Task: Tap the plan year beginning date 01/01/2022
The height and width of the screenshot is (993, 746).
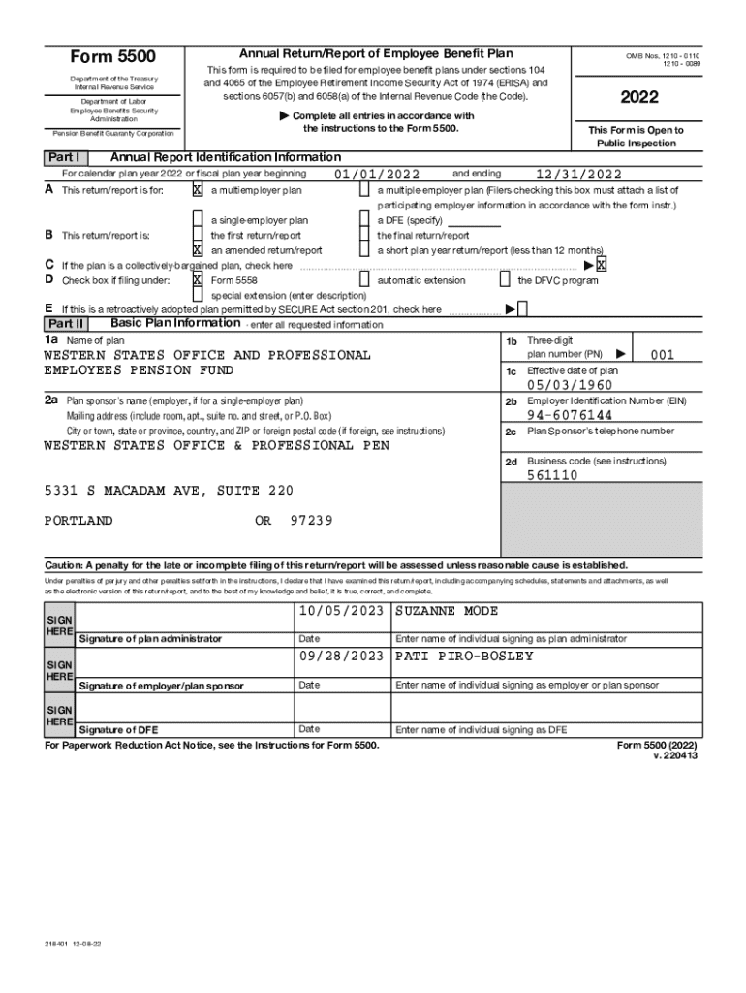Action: click(x=377, y=175)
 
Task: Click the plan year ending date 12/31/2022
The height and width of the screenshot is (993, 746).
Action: click(x=578, y=175)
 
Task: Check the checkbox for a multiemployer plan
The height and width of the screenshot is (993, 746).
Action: click(x=198, y=190)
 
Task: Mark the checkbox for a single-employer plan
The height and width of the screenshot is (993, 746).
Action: click(x=198, y=220)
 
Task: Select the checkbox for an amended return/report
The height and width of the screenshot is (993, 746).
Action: click(x=198, y=249)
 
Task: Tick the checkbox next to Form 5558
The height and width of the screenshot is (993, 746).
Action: click(x=198, y=280)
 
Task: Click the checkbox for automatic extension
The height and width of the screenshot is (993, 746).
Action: click(x=364, y=280)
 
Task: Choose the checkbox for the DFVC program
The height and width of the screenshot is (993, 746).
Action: click(x=504, y=280)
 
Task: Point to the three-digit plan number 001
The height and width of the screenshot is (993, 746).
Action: click(x=663, y=355)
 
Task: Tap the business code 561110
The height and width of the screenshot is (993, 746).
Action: click(x=552, y=475)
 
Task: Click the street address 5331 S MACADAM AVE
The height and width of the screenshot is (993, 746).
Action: click(x=168, y=491)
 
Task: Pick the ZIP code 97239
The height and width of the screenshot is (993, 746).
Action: click(x=311, y=521)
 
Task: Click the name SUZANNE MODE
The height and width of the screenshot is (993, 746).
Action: click(x=446, y=611)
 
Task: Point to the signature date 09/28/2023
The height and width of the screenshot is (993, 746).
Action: click(x=342, y=657)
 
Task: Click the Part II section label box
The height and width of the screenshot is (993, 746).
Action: click(x=66, y=324)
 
